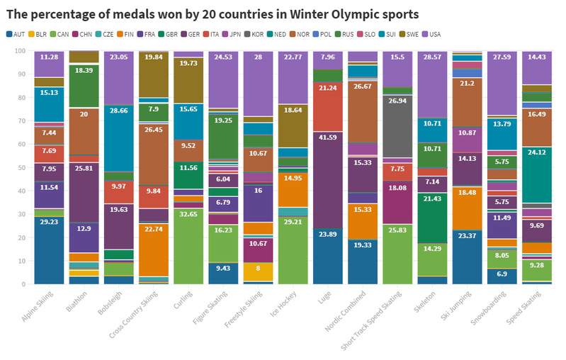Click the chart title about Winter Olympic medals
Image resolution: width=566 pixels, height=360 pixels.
(x=213, y=13)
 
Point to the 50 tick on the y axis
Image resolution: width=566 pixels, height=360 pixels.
(x=21, y=167)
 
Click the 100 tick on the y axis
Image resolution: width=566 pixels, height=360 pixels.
(x=19, y=51)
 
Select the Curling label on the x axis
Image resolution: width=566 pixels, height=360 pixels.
(x=180, y=303)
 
